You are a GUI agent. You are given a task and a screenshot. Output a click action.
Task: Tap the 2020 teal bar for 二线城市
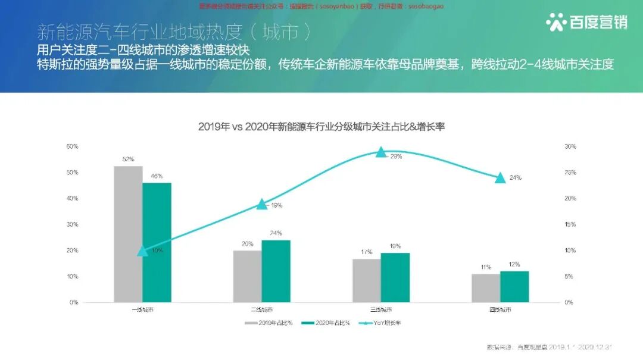(x=276, y=271)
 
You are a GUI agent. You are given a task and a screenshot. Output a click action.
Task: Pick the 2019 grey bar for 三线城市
(x=367, y=280)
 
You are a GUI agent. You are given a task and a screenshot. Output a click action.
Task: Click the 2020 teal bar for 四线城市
(x=514, y=286)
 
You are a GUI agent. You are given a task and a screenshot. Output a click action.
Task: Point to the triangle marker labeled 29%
(x=381, y=152)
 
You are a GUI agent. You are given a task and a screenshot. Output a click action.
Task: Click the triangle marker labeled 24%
(x=500, y=177)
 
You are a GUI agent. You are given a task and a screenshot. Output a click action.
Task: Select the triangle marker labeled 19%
(x=262, y=204)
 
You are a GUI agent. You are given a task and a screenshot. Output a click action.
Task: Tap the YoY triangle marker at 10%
(x=142, y=251)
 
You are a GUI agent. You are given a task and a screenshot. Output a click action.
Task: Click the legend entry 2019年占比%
(x=268, y=323)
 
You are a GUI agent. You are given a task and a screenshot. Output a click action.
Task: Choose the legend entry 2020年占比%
(x=326, y=323)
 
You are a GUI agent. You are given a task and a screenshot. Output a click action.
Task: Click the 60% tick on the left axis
(x=72, y=146)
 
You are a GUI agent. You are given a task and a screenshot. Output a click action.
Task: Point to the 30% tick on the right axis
(x=570, y=146)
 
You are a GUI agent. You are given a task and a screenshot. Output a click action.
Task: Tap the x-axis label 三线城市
(x=381, y=309)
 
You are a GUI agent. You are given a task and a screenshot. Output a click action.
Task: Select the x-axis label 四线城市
(x=500, y=309)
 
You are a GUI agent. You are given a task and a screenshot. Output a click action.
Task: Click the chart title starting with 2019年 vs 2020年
(x=322, y=126)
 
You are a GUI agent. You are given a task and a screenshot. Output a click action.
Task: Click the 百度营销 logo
(x=586, y=23)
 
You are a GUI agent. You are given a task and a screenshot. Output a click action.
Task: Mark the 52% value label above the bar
(x=128, y=159)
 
